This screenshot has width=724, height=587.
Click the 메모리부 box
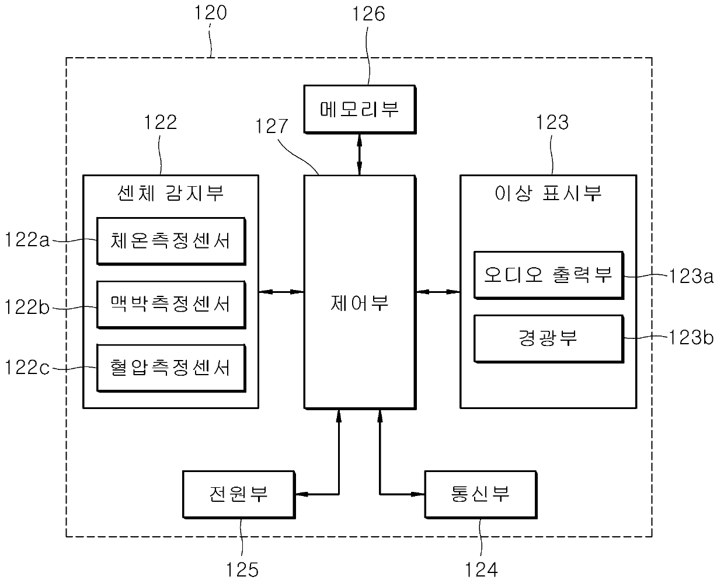point(360,109)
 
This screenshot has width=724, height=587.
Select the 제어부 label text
point(359,303)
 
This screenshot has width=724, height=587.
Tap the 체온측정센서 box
point(171,241)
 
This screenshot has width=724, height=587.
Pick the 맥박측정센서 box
point(171,305)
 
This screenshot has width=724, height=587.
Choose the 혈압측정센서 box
point(171,368)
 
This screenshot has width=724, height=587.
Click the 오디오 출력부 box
point(549,275)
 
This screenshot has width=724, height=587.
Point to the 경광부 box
point(549,339)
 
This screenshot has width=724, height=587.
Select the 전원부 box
point(239,495)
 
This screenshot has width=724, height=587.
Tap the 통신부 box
point(481,495)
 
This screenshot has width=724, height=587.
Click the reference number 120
point(210,13)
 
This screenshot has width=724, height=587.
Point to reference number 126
point(368,14)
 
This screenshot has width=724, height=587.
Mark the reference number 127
point(271,126)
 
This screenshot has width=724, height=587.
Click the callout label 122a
point(27,239)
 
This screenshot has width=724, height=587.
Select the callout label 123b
point(691,338)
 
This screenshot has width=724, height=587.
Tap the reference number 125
point(242,569)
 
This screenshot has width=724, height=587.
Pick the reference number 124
point(481,569)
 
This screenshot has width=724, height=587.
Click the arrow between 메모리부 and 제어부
point(360,155)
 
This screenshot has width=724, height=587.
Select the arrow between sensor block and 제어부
point(281,292)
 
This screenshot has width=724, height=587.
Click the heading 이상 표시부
point(548,193)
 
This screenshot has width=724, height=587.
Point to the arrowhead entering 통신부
point(418,494)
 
